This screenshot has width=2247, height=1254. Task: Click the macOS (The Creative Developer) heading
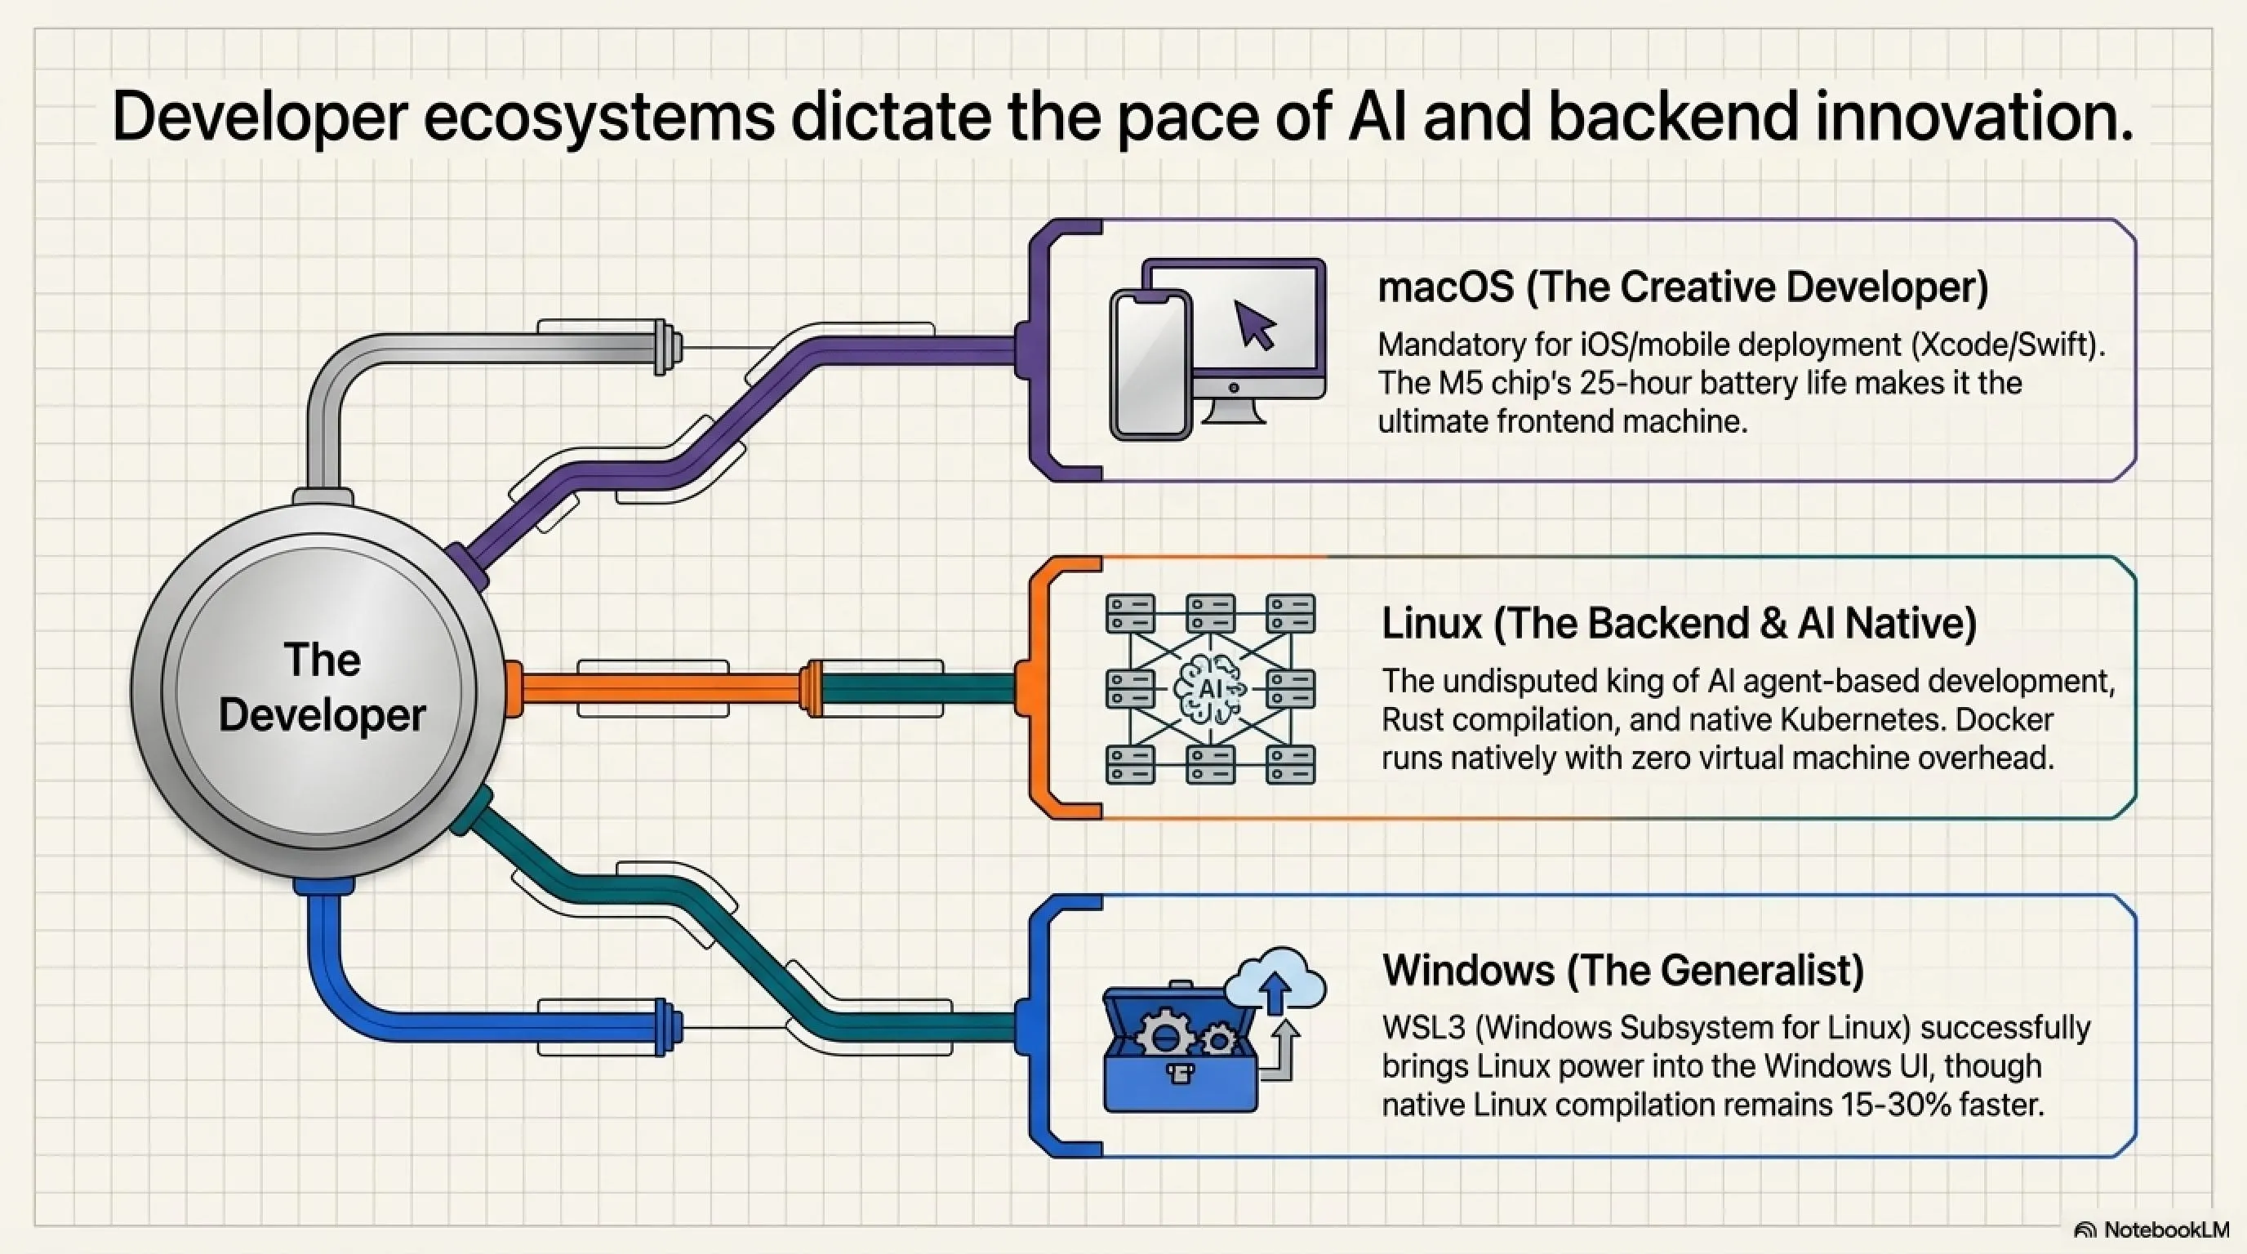pyautogui.click(x=1683, y=287)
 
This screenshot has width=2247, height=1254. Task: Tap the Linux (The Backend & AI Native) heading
pyautogui.click(x=1680, y=624)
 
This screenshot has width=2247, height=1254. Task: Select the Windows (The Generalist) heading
pyautogui.click(x=1623, y=970)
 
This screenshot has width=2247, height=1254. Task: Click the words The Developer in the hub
pyautogui.click(x=322, y=687)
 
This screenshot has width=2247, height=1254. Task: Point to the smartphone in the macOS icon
pyautogui.click(x=1150, y=363)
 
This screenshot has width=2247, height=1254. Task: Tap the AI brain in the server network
pyautogui.click(x=1210, y=689)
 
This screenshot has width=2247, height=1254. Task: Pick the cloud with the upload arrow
pyautogui.click(x=1275, y=981)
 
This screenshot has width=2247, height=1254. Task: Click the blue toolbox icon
pyautogui.click(x=1180, y=1048)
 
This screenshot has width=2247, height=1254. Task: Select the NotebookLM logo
pyautogui.click(x=2151, y=1230)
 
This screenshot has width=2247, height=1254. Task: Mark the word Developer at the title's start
pyautogui.click(x=260, y=118)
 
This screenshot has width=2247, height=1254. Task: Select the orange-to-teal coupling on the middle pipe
pyautogui.click(x=813, y=689)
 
